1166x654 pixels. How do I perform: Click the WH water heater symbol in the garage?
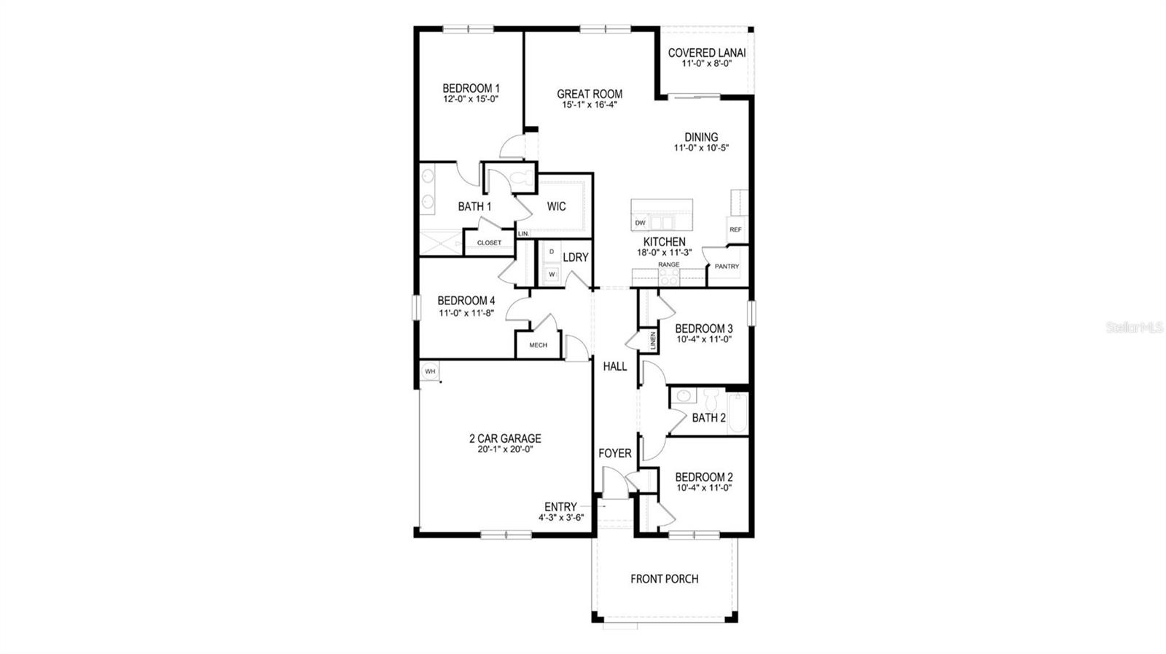click(x=430, y=371)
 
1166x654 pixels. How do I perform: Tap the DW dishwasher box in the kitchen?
click(x=640, y=223)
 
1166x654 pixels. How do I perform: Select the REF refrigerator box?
click(x=735, y=229)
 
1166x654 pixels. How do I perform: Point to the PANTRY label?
click(x=727, y=267)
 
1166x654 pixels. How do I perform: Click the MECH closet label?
click(x=538, y=345)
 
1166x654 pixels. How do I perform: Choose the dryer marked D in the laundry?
click(x=552, y=252)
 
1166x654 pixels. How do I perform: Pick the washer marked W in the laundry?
click(x=552, y=274)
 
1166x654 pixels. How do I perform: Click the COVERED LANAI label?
click(x=706, y=52)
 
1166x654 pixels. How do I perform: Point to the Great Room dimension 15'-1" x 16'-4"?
click(x=590, y=105)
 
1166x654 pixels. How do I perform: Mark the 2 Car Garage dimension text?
click(x=504, y=449)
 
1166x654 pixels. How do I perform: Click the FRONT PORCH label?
click(x=664, y=579)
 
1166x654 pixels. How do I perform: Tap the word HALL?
click(x=614, y=366)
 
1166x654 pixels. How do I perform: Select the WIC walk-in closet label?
click(x=556, y=207)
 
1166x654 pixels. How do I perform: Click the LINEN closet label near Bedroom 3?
click(x=653, y=342)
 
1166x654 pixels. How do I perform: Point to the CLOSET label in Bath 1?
click(x=489, y=243)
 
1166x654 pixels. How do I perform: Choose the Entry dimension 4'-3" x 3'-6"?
click(x=561, y=518)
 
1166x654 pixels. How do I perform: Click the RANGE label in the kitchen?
click(x=668, y=264)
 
